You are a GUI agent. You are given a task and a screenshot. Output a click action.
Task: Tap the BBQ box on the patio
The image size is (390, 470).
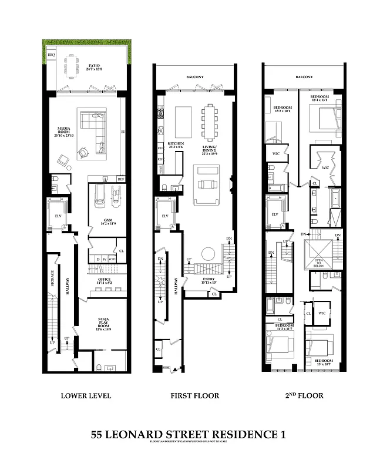pyautogui.click(x=51, y=54)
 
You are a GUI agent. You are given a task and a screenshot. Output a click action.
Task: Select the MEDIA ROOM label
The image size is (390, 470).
pyautogui.click(x=65, y=129)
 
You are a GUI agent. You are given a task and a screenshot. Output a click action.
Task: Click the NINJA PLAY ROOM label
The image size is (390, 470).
pyautogui.click(x=103, y=323)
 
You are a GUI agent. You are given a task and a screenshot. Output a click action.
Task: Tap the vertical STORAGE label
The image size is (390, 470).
pyautogui.click(x=52, y=278)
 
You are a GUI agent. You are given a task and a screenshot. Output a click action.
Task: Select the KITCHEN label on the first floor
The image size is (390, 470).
pyautogui.click(x=176, y=143)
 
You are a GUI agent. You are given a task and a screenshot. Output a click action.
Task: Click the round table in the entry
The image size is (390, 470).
pyautogui.click(x=208, y=254)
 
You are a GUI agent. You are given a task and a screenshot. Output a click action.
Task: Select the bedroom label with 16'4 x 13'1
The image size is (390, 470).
pyautogui.click(x=319, y=98)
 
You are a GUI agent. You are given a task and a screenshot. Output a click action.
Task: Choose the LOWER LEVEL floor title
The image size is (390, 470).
pyautogui.click(x=86, y=395)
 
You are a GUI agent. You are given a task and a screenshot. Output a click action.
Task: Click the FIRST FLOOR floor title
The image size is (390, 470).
pyautogui.click(x=194, y=395)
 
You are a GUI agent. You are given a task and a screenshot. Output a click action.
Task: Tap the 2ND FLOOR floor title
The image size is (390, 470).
pyautogui.click(x=302, y=395)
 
